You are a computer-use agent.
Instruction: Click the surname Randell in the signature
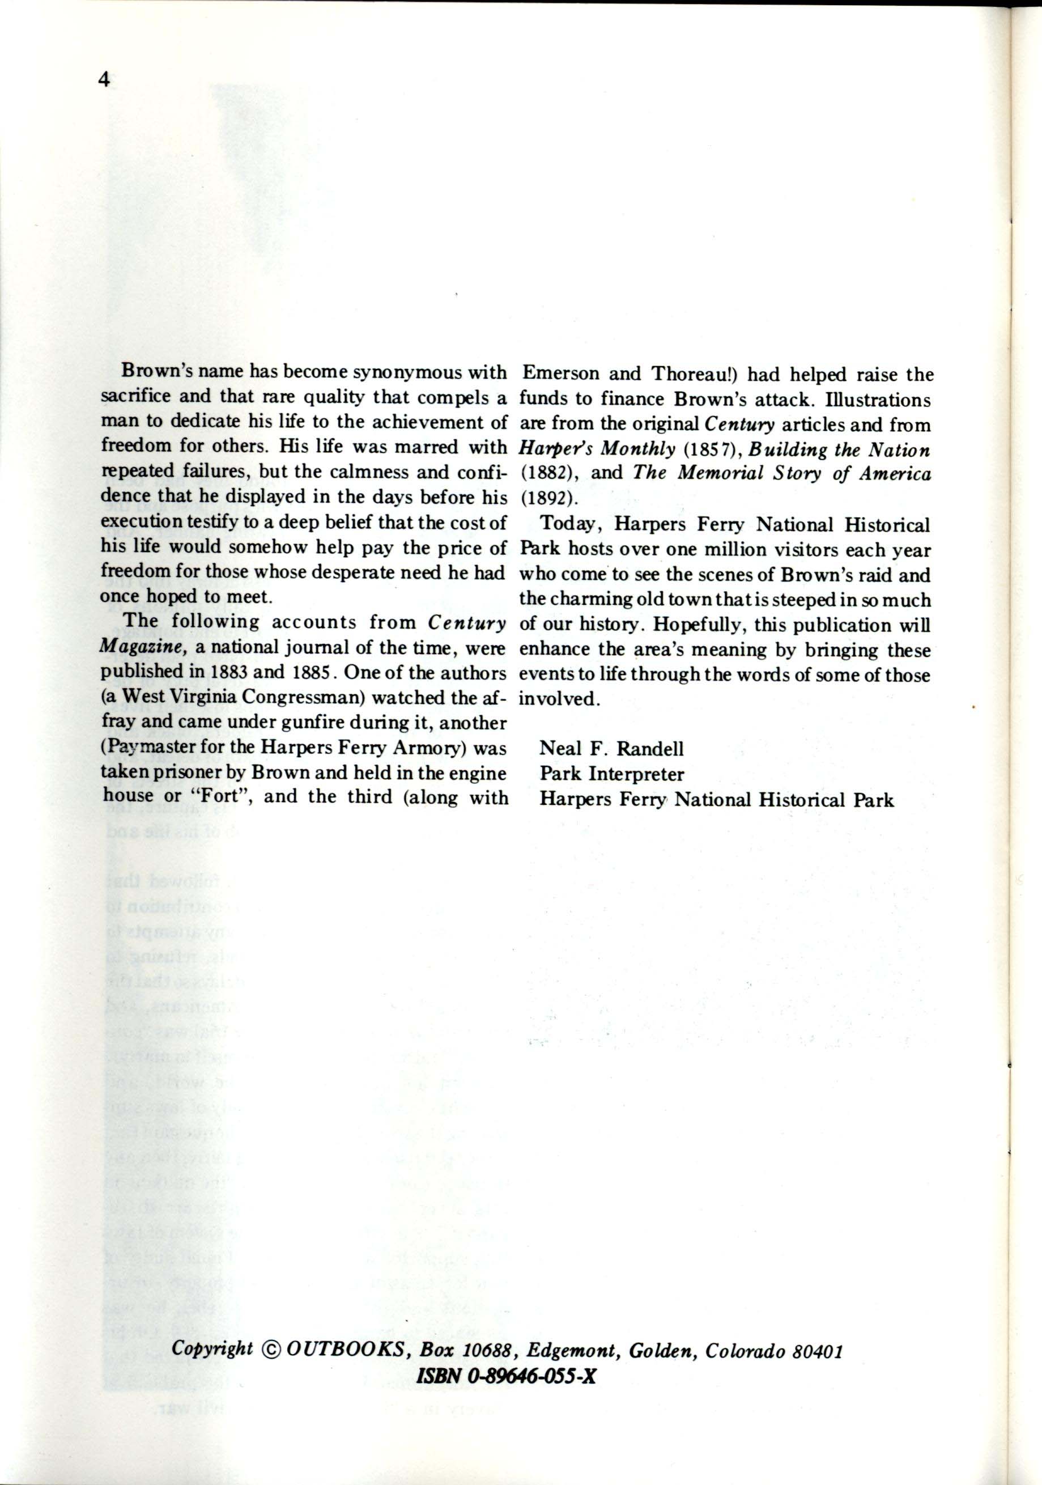point(650,749)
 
